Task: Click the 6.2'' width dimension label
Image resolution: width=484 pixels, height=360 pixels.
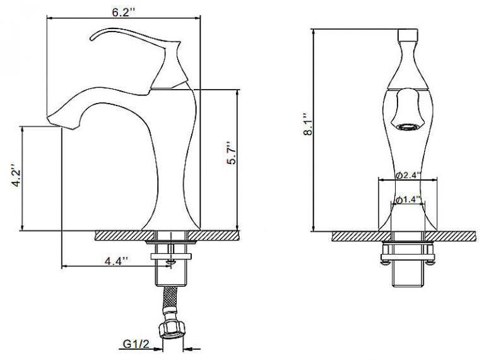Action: [124, 13]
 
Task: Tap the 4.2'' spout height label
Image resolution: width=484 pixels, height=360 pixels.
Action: [16, 175]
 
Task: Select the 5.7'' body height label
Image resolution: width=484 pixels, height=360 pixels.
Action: [231, 153]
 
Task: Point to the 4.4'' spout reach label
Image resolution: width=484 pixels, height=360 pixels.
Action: [116, 261]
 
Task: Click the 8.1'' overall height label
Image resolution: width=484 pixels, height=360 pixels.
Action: [309, 124]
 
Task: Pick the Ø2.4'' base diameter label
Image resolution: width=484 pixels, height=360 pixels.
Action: [408, 175]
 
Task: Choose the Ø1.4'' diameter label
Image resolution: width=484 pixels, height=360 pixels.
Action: [409, 200]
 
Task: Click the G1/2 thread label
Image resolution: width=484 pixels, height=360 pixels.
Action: [136, 344]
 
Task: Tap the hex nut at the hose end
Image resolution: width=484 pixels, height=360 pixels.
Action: [172, 330]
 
